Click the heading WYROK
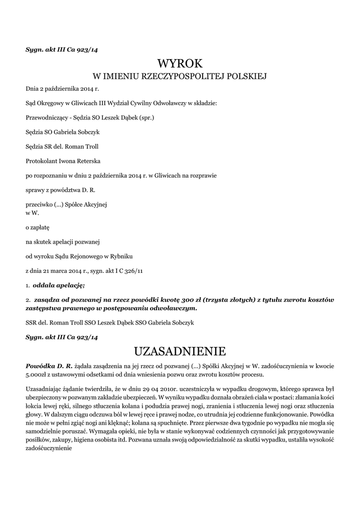(180, 63)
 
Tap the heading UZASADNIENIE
(180, 351)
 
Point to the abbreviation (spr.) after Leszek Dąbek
(145, 118)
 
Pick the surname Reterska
(88, 161)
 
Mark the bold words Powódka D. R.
(49, 366)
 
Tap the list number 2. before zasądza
(28, 300)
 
